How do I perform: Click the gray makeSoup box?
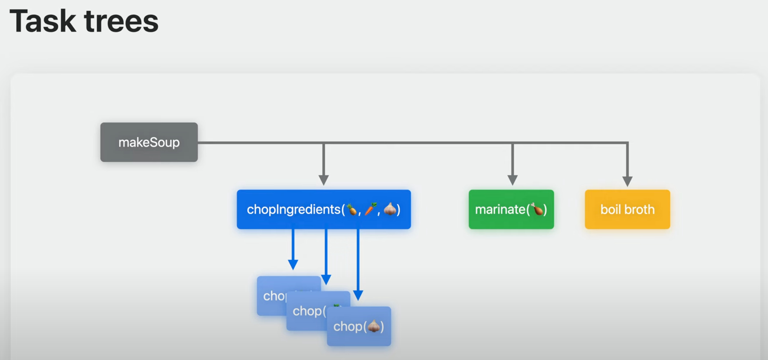pyautogui.click(x=149, y=142)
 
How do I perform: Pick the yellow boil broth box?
pyautogui.click(x=627, y=210)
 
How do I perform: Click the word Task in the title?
pyautogui.click(x=43, y=22)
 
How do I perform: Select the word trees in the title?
pyautogui.click(x=121, y=22)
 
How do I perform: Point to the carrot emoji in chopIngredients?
pyautogui.click(x=371, y=209)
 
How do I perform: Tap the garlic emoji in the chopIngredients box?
pyautogui.click(x=390, y=209)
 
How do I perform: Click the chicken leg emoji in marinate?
pyautogui.click(x=537, y=209)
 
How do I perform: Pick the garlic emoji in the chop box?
pyautogui.click(x=374, y=326)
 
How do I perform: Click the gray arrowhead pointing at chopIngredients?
pyautogui.click(x=323, y=180)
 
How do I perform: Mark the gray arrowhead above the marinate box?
pyautogui.click(x=512, y=180)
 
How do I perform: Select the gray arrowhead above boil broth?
pyautogui.click(x=627, y=181)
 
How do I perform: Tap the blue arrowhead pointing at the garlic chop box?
pyautogui.click(x=358, y=295)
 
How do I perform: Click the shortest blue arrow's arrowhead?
pyautogui.click(x=293, y=264)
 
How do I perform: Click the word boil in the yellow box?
pyautogui.click(x=610, y=210)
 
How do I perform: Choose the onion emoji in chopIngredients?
pyautogui.click(x=352, y=209)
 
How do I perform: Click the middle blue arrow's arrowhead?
pyautogui.click(x=326, y=279)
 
